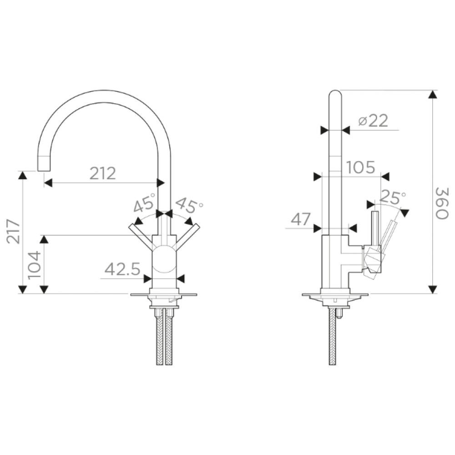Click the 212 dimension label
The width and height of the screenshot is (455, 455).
[103, 173]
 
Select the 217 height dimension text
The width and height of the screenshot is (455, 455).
[13, 231]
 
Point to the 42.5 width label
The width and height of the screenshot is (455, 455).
[122, 269]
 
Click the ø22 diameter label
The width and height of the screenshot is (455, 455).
[373, 121]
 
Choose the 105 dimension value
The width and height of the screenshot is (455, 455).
[361, 167]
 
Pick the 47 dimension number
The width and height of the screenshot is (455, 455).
[301, 219]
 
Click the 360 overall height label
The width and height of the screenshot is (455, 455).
[442, 203]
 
